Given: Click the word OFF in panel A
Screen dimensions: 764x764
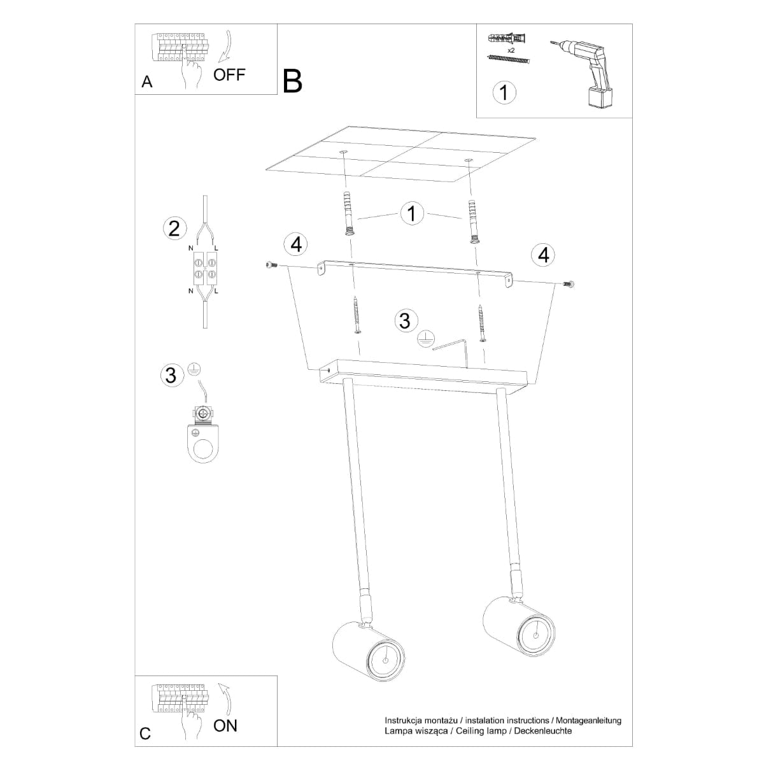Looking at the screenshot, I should point(229,74).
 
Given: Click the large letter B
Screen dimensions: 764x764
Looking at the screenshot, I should point(292,81).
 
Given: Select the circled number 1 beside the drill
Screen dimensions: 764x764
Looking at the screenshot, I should point(504,92).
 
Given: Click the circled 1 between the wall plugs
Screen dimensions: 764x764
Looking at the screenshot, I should point(412,213).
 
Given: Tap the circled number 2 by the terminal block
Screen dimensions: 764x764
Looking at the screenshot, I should point(174,228).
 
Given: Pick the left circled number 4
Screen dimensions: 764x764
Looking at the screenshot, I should point(296,244).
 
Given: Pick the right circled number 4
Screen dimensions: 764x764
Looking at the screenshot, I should point(543,255).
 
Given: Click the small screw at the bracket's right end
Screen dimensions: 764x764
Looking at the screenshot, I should point(569,284).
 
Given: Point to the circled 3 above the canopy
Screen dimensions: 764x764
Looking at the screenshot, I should point(405,320).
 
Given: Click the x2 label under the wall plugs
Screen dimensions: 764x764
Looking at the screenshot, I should point(511,49).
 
